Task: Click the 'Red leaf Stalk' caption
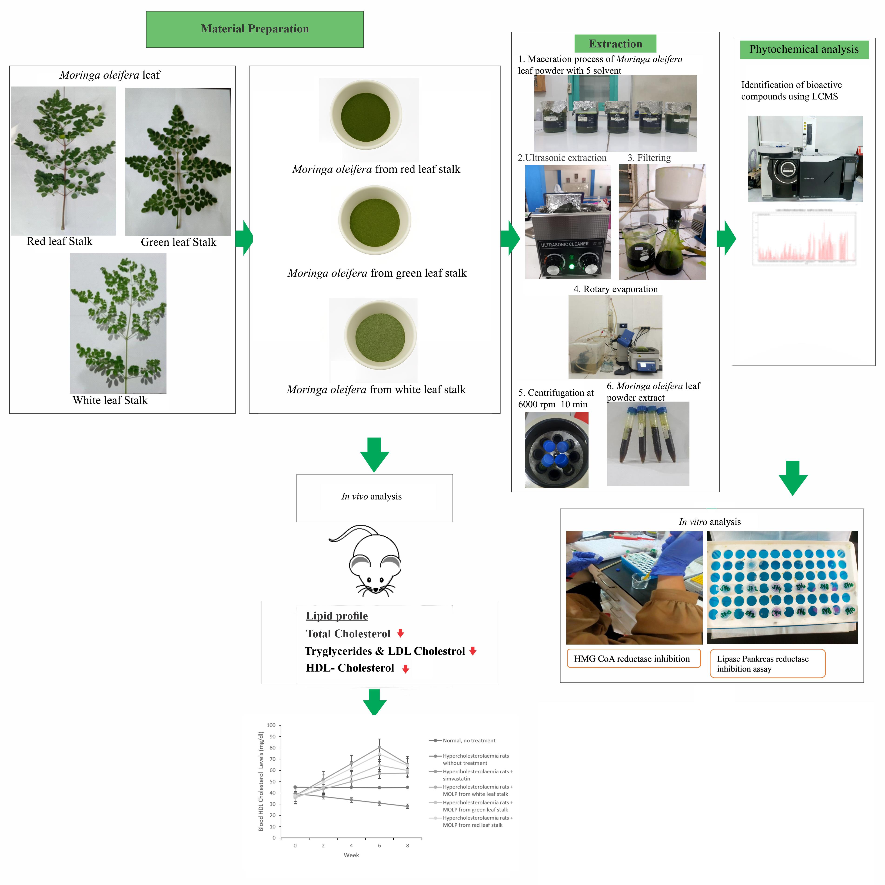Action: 60,241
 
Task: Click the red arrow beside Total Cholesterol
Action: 400,633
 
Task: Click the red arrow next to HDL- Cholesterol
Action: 405,669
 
